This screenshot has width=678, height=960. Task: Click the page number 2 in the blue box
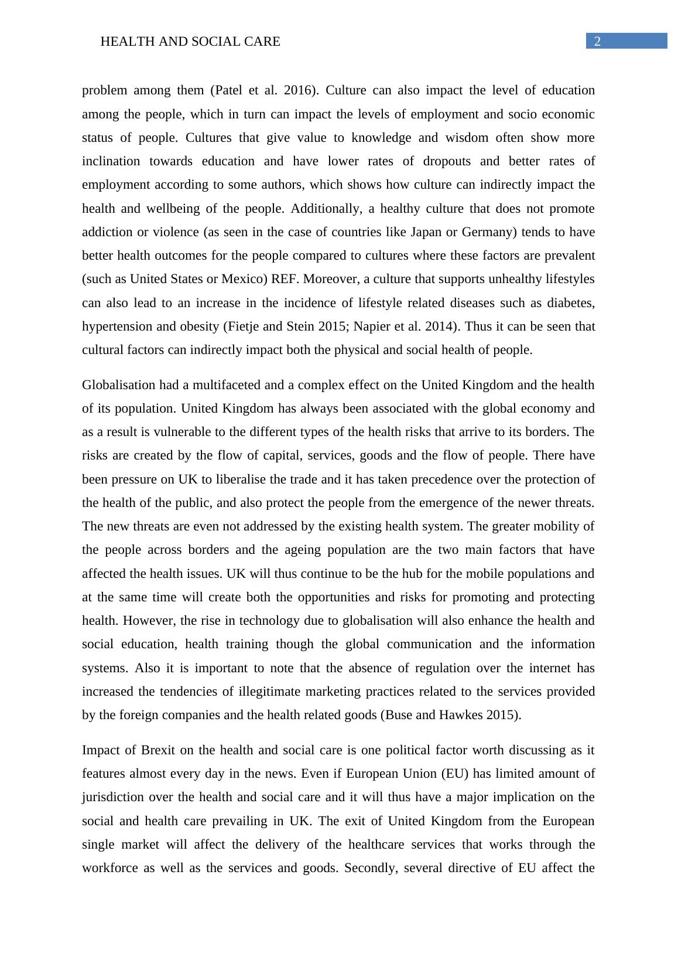tap(597, 41)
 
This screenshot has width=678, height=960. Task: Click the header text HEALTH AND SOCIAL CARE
tap(190, 42)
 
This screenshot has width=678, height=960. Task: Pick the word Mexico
tap(244, 279)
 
